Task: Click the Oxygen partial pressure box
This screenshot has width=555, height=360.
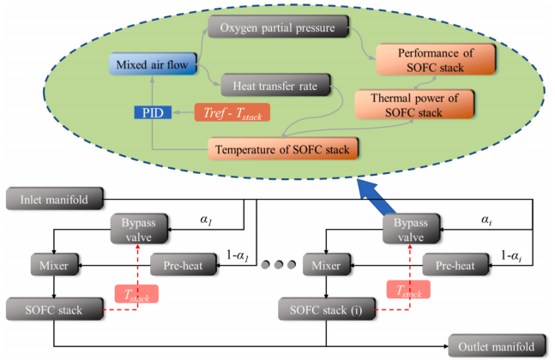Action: click(x=278, y=27)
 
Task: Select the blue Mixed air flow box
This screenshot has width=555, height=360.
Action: click(x=153, y=64)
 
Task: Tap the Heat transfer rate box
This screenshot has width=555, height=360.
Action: click(x=275, y=85)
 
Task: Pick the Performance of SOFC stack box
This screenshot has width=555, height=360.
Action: click(x=435, y=59)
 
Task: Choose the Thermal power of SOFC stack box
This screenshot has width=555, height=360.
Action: click(x=414, y=105)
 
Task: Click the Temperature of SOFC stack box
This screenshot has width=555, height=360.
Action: click(x=282, y=149)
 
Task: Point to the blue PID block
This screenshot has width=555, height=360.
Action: click(x=153, y=112)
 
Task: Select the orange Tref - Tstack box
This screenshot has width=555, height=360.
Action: click(x=232, y=112)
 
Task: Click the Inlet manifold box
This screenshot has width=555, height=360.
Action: click(x=55, y=199)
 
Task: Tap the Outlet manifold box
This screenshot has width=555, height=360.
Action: click(x=497, y=345)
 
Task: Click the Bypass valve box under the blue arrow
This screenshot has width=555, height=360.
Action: click(x=411, y=229)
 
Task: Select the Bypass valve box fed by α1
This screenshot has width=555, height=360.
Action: click(x=139, y=229)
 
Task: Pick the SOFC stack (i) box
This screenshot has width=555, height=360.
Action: click(x=326, y=309)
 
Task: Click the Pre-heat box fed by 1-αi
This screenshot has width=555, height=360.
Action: click(x=455, y=265)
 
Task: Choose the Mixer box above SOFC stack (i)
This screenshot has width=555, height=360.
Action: click(x=326, y=265)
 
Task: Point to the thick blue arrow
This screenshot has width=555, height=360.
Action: click(x=376, y=196)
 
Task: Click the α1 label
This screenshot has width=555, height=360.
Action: click(x=206, y=220)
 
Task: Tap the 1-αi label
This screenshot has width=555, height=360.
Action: click(x=511, y=255)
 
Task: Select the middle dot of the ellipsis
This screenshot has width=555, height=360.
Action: click(x=279, y=265)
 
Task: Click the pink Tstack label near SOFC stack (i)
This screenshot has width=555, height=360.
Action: click(x=408, y=290)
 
